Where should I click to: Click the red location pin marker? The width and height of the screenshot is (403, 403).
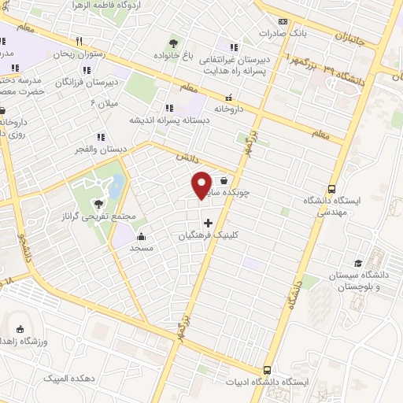201,184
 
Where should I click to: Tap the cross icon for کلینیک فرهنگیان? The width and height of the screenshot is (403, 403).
208,223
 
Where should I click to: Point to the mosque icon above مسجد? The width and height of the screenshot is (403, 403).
141,236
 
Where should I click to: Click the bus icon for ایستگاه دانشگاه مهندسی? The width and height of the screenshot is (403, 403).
332,189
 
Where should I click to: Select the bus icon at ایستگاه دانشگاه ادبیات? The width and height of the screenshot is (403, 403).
268,370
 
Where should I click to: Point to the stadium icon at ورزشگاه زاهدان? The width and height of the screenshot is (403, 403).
21,329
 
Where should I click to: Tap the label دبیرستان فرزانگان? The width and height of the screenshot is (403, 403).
91,81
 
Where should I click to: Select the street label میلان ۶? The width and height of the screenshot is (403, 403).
104,103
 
